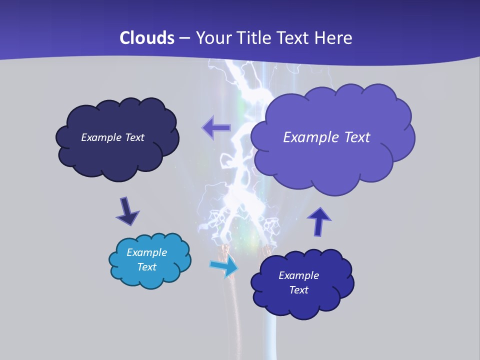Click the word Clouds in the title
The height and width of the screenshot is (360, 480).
(x=147, y=38)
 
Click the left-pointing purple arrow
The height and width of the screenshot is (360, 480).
(x=216, y=128)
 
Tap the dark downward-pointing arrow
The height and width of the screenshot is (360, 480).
(x=127, y=211)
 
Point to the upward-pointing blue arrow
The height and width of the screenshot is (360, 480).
(x=318, y=221)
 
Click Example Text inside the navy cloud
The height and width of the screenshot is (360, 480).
(x=112, y=137)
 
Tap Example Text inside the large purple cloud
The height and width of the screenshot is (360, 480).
(x=326, y=137)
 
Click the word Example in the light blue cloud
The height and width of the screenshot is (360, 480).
(x=147, y=252)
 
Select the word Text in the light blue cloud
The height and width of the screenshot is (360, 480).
(x=147, y=267)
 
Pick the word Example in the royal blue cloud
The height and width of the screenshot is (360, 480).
(x=299, y=275)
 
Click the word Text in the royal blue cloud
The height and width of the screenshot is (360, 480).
(x=299, y=290)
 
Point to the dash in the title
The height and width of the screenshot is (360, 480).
(x=184, y=38)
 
